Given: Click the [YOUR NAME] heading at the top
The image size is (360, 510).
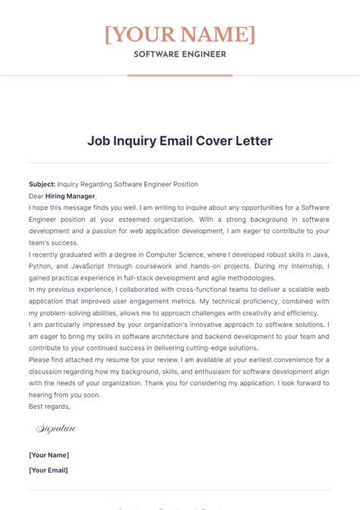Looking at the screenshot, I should tap(180, 34).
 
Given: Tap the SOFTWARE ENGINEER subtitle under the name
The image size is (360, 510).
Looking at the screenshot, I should tap(180, 54).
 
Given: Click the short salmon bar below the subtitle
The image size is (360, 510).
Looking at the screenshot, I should tap(180, 75).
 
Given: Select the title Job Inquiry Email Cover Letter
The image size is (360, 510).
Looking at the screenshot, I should tap(180, 141).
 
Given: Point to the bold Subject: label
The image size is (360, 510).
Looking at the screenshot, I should tap(42, 184).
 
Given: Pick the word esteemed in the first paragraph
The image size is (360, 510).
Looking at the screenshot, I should tap(106, 220).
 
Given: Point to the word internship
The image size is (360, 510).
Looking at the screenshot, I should tap(298, 267).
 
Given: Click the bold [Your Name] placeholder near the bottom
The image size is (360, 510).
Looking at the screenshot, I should tap(49, 455).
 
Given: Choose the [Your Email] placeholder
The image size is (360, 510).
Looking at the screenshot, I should tap(49, 470).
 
